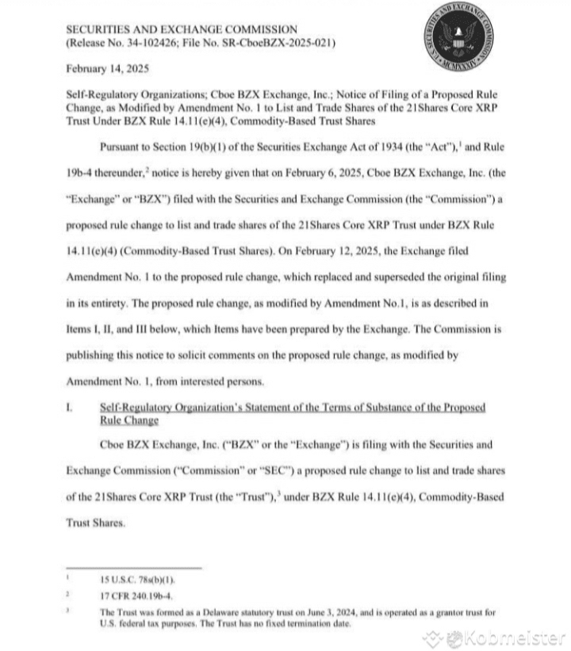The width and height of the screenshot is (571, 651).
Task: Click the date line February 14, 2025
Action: [x=102, y=69]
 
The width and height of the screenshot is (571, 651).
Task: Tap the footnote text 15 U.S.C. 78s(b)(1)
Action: [x=134, y=579]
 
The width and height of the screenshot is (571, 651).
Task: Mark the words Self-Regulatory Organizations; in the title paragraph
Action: [x=126, y=94]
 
